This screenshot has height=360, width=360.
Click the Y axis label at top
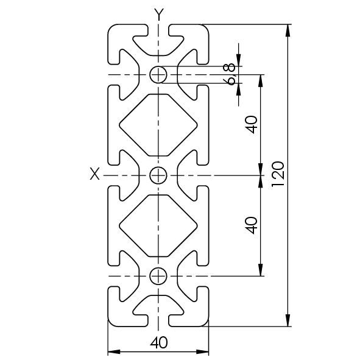pos(158,14)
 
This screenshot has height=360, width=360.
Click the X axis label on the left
pos(94,174)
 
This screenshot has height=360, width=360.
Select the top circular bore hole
pos(158,74)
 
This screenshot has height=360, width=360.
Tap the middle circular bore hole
pos(158,175)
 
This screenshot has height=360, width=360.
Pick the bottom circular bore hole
pos(158,276)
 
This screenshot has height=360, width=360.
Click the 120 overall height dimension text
pos(278,174)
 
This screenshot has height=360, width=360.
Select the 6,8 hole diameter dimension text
pos(230,74)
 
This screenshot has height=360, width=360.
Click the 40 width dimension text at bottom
pos(159,342)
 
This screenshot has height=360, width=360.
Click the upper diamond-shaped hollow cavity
pos(158,125)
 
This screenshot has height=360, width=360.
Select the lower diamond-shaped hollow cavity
pos(158,226)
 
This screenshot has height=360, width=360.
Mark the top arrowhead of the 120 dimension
pos(288,30)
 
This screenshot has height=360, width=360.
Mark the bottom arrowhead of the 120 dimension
pos(288,320)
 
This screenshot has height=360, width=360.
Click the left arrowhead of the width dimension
pos(114,351)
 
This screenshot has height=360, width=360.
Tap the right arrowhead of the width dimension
pos(202,351)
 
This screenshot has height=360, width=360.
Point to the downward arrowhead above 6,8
pos(239,60)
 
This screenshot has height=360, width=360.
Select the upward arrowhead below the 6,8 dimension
pos(239,89)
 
